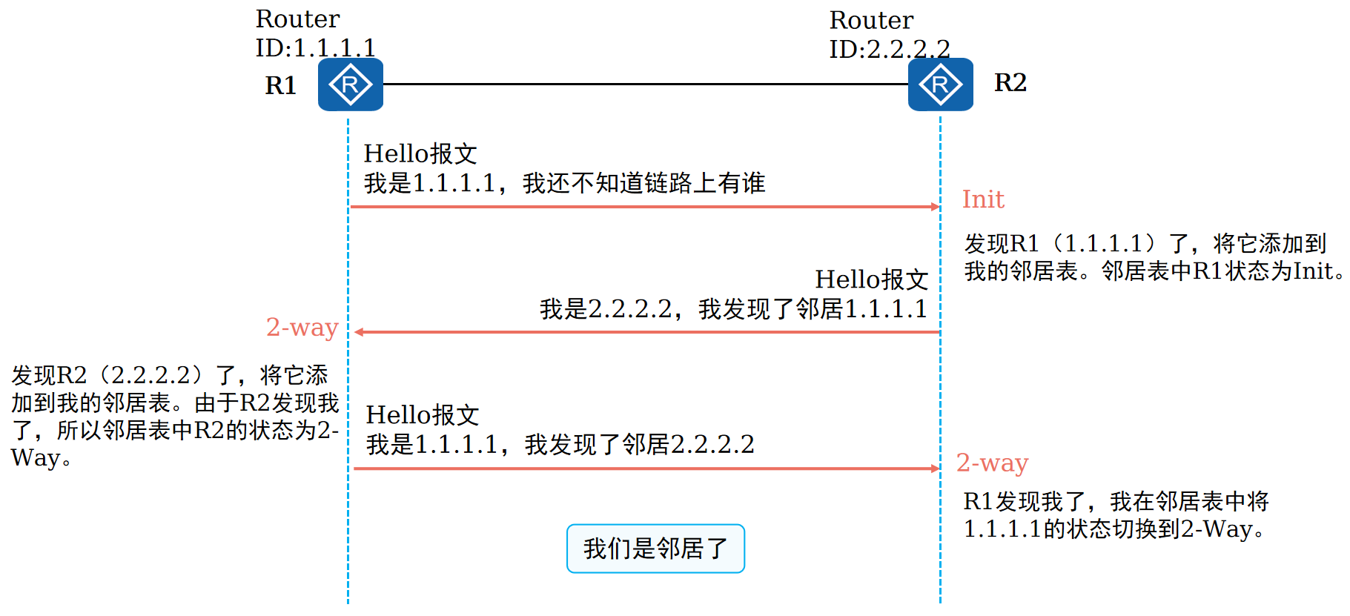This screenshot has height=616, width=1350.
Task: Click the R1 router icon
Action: (x=350, y=85)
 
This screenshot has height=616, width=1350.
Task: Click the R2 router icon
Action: (x=940, y=85)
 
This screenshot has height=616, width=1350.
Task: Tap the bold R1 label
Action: (x=281, y=86)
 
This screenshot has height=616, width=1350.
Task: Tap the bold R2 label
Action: (x=1010, y=82)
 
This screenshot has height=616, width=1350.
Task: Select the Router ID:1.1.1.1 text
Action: (x=315, y=33)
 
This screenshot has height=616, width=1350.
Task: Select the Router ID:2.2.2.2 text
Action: (x=889, y=35)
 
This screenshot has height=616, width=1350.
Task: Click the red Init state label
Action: (x=982, y=199)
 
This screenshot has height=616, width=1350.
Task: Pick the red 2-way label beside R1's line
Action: (x=302, y=327)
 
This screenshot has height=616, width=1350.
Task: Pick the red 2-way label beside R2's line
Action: (x=992, y=463)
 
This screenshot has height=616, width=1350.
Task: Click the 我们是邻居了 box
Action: (x=655, y=549)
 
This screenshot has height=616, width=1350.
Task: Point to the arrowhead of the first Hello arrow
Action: (x=936, y=207)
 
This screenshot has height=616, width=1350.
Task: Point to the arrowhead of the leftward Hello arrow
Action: (x=359, y=332)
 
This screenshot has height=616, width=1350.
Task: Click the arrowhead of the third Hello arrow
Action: (x=936, y=468)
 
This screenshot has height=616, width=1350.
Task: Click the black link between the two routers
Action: (x=645, y=85)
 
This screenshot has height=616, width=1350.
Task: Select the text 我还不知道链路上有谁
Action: (x=643, y=183)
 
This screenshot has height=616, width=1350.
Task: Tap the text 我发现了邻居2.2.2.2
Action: (x=639, y=445)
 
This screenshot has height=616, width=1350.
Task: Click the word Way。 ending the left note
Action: (x=41, y=458)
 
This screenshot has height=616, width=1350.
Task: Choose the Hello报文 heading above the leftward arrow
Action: (x=872, y=279)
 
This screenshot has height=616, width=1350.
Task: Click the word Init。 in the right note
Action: (x=1319, y=271)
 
